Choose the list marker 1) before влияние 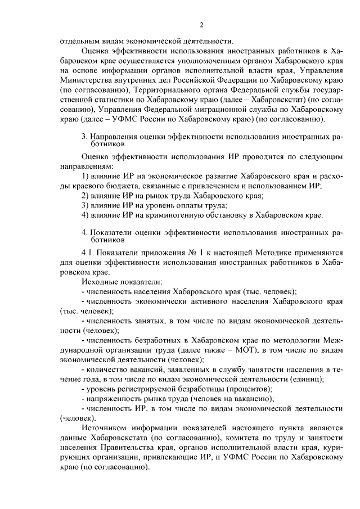pyautogui.click(x=85, y=175)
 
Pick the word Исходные pyautogui.click(x=100, y=281)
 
